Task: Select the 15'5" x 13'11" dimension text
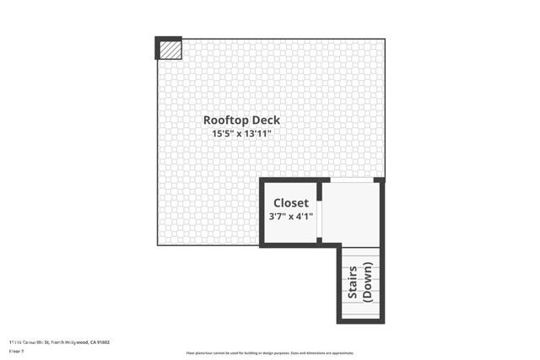[x=241, y=133]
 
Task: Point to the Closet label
[x=290, y=203]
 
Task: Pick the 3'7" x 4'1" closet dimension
[x=290, y=216]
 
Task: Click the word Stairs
[x=353, y=282]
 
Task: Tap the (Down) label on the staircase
[x=367, y=282]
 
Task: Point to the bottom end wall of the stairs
[x=360, y=321]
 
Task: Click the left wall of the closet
[x=262, y=212]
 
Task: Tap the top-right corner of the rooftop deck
[x=384, y=40]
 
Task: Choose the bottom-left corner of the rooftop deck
[x=158, y=244]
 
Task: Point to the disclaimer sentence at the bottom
[x=270, y=352]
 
